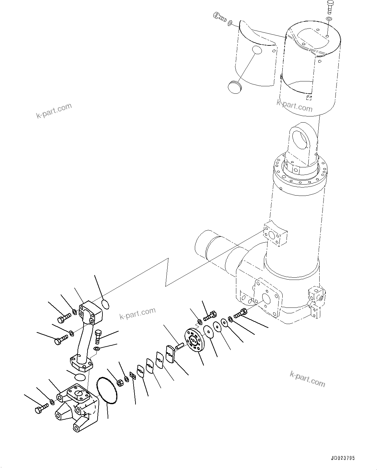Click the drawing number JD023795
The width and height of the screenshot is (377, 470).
coord(343,458)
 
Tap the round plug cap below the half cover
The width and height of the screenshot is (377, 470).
coord(234,87)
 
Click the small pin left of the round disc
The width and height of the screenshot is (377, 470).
coord(180,346)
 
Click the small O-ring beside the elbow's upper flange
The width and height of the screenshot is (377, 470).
coord(105,304)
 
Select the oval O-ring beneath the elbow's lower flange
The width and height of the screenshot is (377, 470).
coord(80,377)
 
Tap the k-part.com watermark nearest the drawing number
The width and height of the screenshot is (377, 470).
coord(307,379)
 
